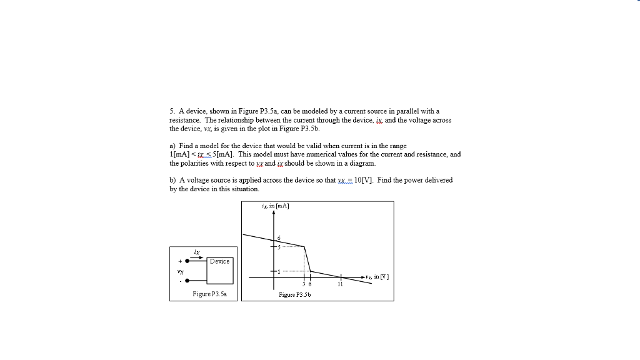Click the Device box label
[x=219, y=261]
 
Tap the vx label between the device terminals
[x=180, y=271]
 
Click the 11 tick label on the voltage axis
[x=341, y=284]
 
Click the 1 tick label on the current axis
[x=279, y=271]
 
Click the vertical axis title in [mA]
[x=275, y=206]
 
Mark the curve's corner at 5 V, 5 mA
[x=304, y=246]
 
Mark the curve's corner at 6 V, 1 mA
[x=311, y=271]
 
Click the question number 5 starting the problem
[x=171, y=111]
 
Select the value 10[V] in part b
[x=363, y=180]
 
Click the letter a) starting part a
[x=172, y=146]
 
